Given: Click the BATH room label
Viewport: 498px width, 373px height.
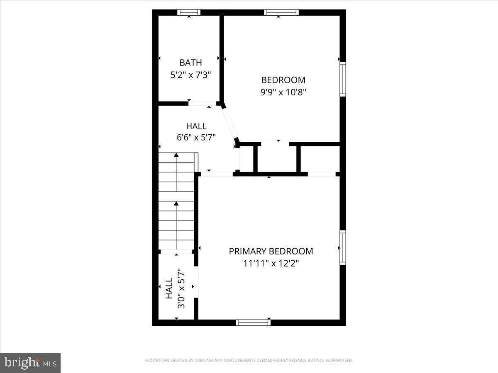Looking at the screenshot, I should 190,63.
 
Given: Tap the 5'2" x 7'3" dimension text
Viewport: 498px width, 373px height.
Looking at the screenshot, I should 190,75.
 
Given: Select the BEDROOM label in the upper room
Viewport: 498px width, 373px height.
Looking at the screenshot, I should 283,80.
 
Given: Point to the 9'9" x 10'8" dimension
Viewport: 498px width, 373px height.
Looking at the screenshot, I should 283,92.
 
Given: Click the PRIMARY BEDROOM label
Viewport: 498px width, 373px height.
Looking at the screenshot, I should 271,251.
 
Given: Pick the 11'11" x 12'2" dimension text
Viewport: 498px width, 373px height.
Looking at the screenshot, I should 271,263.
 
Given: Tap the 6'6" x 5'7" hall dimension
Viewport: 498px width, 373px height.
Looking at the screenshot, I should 196,138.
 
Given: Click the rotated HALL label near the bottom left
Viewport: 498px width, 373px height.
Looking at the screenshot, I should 169,288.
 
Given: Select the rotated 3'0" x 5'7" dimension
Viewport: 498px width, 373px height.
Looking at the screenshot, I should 181,288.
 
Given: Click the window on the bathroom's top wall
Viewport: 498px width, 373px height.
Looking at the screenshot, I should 189,12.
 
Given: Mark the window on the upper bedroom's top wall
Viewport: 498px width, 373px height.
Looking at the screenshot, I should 281,12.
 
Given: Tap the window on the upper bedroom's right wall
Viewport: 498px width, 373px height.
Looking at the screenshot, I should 343,79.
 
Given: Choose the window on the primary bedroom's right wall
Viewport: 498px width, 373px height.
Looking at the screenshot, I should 343,247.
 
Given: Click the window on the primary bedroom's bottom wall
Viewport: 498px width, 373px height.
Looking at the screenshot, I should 253,322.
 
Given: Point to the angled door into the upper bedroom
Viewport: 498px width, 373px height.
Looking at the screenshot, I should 229,123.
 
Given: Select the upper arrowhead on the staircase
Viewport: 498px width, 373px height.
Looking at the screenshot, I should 176,155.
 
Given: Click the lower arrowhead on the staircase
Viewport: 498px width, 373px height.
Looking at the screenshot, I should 176,203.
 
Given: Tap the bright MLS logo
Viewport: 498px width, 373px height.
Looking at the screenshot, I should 30,363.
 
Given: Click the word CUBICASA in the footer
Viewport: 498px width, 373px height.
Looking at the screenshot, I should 203,361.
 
